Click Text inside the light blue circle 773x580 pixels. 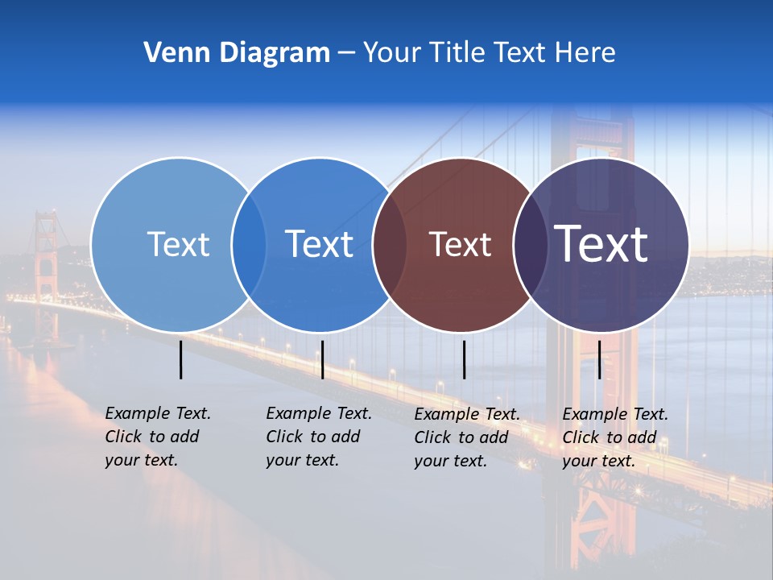coord(178,244)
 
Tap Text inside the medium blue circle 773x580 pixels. coord(319,244)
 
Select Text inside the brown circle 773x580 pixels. coord(460,245)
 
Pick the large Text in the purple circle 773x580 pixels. coord(601,244)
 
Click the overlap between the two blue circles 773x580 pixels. coord(249,245)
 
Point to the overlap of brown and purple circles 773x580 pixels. coord(531,245)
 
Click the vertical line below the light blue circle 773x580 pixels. coord(180,359)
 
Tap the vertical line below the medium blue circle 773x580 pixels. coord(322,359)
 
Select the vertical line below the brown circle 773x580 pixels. coord(464,359)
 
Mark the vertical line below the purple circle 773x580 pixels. coord(599,359)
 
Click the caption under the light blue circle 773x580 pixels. coord(157,437)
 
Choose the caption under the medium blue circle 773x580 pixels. coord(318,437)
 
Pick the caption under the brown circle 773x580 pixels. coord(466,437)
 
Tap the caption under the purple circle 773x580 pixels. coord(614,437)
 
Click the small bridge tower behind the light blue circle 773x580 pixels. coord(46,250)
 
